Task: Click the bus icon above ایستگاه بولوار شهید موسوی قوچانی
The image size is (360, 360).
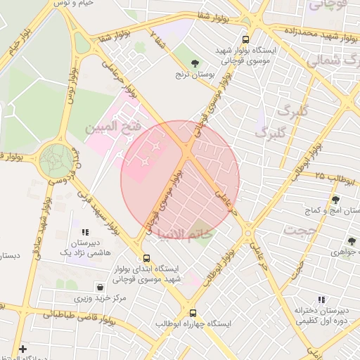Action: (245, 40)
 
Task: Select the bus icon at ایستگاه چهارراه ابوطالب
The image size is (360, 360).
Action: (193, 314)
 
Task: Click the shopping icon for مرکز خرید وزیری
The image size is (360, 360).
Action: (101, 287)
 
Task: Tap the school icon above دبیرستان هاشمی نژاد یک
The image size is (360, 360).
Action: (85, 231)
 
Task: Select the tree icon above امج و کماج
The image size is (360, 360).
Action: (335, 200)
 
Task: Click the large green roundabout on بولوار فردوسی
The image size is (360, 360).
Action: (56, 160)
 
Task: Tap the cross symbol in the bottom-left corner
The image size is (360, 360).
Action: (22, 349)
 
